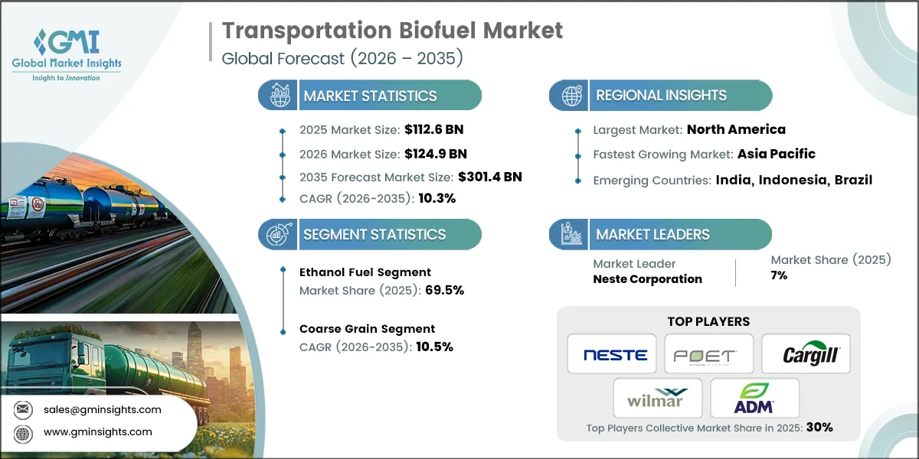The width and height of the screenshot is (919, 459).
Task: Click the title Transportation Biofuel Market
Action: point(392,31)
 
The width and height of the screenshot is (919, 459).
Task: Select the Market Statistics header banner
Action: point(370,96)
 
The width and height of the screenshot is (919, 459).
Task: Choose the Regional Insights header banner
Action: point(660,96)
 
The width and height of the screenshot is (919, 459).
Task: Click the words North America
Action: point(736,129)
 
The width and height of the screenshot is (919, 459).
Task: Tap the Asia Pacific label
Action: point(776,154)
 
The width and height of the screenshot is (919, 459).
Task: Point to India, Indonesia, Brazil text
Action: point(793,180)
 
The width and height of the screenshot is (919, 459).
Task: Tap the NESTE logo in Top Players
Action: point(615,355)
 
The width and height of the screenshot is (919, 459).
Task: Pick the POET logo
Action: point(708,355)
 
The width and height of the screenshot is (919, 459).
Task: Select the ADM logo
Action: point(754,398)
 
